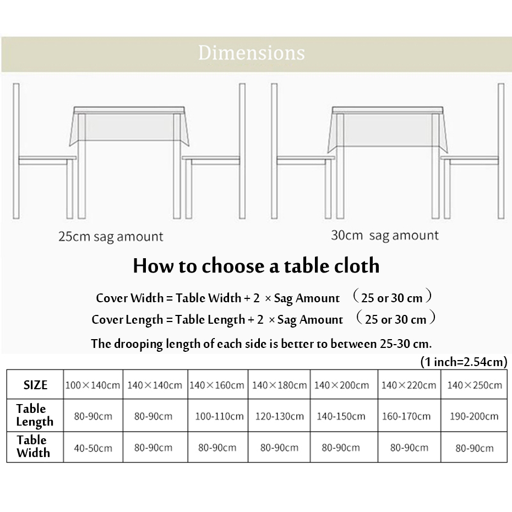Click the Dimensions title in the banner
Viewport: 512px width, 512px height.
point(251,53)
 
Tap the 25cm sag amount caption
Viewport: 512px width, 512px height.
point(111,237)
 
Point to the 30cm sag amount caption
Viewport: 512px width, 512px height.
point(384,236)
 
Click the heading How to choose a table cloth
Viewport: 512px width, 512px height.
point(256,266)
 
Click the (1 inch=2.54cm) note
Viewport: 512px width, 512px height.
point(462,362)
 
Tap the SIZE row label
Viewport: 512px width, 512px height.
point(35,385)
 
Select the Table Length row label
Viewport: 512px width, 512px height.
point(35,415)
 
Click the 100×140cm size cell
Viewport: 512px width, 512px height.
point(92,385)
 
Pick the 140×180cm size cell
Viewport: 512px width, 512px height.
point(279,385)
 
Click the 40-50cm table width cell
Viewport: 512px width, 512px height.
point(92,448)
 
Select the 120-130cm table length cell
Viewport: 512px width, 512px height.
point(279,416)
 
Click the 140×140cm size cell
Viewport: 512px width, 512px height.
point(154,385)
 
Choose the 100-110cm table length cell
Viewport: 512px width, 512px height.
point(217,416)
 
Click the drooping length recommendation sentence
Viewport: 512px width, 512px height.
point(261,344)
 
